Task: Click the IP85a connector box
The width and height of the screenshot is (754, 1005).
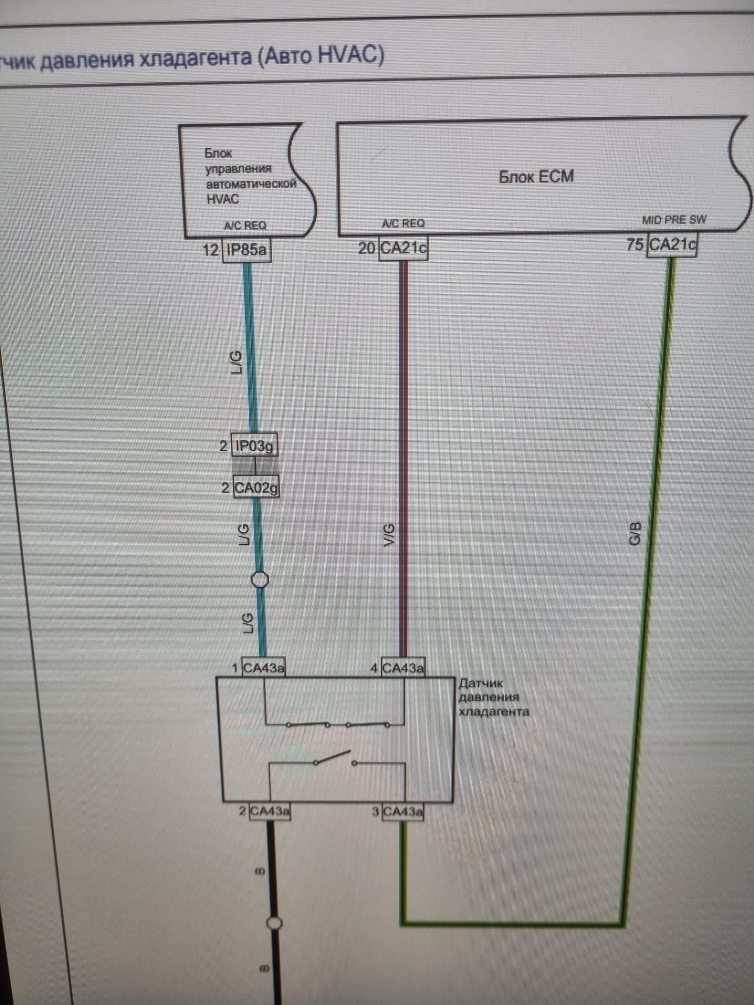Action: [247, 250]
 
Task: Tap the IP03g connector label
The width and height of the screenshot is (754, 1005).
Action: [254, 446]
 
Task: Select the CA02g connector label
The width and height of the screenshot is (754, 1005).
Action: [256, 488]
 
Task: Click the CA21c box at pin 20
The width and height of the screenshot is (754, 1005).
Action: [403, 247]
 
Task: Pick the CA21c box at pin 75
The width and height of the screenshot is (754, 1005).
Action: [672, 244]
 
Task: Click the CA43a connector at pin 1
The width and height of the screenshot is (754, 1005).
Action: [264, 668]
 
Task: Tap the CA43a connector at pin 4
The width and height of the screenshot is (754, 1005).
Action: [403, 668]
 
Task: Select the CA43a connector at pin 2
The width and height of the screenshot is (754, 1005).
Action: [270, 811]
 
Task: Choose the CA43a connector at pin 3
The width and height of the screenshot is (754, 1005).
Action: [403, 812]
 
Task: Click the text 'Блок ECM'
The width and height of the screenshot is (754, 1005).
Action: [536, 176]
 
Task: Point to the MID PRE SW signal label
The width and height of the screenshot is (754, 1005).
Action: [674, 220]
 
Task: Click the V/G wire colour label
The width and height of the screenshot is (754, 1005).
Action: [389, 534]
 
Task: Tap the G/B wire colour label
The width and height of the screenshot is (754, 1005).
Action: [635, 533]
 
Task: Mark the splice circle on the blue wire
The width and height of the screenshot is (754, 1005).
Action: [260, 580]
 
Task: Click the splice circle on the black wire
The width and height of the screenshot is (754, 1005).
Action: [274, 923]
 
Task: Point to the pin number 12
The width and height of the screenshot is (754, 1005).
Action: [210, 250]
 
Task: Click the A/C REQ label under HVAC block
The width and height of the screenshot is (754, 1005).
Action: [245, 226]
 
